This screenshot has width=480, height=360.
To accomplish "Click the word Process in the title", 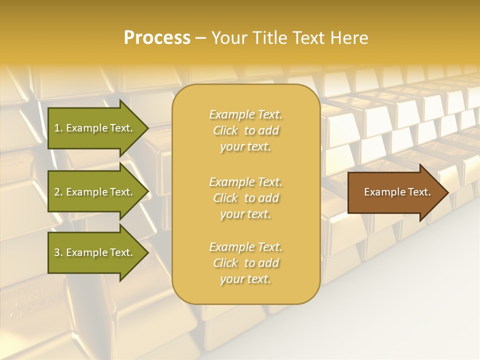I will click(157, 38).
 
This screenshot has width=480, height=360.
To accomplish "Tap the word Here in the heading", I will click(349, 38).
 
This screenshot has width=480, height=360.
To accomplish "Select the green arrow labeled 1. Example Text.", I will click(95, 128).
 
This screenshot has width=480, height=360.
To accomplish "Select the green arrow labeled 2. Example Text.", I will click(95, 192).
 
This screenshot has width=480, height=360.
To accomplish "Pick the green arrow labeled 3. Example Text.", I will click(95, 252).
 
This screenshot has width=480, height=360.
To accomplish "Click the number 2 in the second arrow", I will click(57, 192).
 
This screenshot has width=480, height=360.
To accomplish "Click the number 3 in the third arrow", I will click(57, 252).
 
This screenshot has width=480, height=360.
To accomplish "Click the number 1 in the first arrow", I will click(57, 128).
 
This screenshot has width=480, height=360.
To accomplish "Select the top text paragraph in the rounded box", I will click(245, 130).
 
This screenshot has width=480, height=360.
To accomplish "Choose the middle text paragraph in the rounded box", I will click(245, 198).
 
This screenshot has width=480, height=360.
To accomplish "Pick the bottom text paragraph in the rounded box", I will click(245, 263).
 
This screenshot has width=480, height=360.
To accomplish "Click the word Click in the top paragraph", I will click(225, 130).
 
